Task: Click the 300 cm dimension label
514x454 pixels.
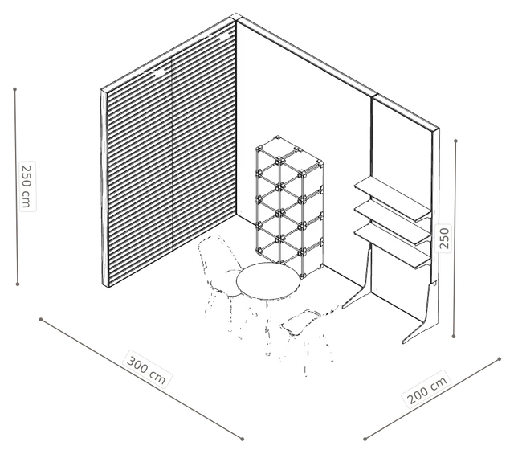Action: tap(146, 370)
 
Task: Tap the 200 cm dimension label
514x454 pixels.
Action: tap(426, 390)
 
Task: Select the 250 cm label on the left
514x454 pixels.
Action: tap(27, 186)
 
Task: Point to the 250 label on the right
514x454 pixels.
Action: tap(443, 239)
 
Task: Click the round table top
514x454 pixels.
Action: tap(268, 280)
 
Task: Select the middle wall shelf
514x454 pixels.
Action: tap(393, 222)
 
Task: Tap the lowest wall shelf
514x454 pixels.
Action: tap(393, 246)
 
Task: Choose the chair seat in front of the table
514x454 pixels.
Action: tap(300, 323)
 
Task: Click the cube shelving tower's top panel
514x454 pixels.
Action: tap(289, 153)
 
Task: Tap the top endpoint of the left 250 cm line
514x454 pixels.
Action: tap(14, 89)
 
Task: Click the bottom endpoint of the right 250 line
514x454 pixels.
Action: tap(454, 336)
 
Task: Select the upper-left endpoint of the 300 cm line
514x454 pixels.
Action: tap(41, 319)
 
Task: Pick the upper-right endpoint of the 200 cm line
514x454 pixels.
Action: tap(500, 359)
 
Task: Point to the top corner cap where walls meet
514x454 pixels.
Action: tap(236, 17)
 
